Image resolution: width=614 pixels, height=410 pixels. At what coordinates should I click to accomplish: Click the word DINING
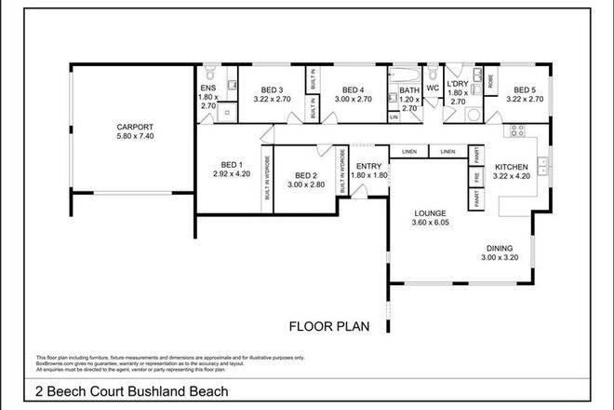(x=500, y=248)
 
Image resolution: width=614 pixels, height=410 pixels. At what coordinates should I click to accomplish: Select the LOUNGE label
(x=430, y=212)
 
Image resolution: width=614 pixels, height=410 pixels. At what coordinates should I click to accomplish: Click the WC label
(x=432, y=90)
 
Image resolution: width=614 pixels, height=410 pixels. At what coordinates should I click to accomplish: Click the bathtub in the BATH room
(x=408, y=73)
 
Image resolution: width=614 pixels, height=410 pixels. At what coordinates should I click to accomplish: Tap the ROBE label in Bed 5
(x=489, y=78)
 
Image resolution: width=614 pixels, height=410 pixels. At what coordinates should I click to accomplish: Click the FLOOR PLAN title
(x=327, y=326)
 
